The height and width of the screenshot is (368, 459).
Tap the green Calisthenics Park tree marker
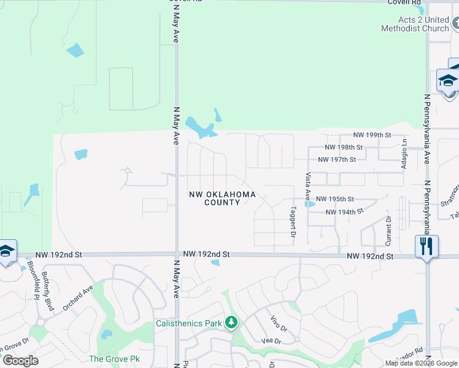click(231, 322)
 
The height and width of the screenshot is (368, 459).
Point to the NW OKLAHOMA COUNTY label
click(222, 198)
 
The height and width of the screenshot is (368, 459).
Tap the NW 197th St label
click(337, 159)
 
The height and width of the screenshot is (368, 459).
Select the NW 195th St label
click(336, 199)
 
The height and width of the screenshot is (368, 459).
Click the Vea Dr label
click(271, 341)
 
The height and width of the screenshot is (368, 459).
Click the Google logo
click(20, 361)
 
